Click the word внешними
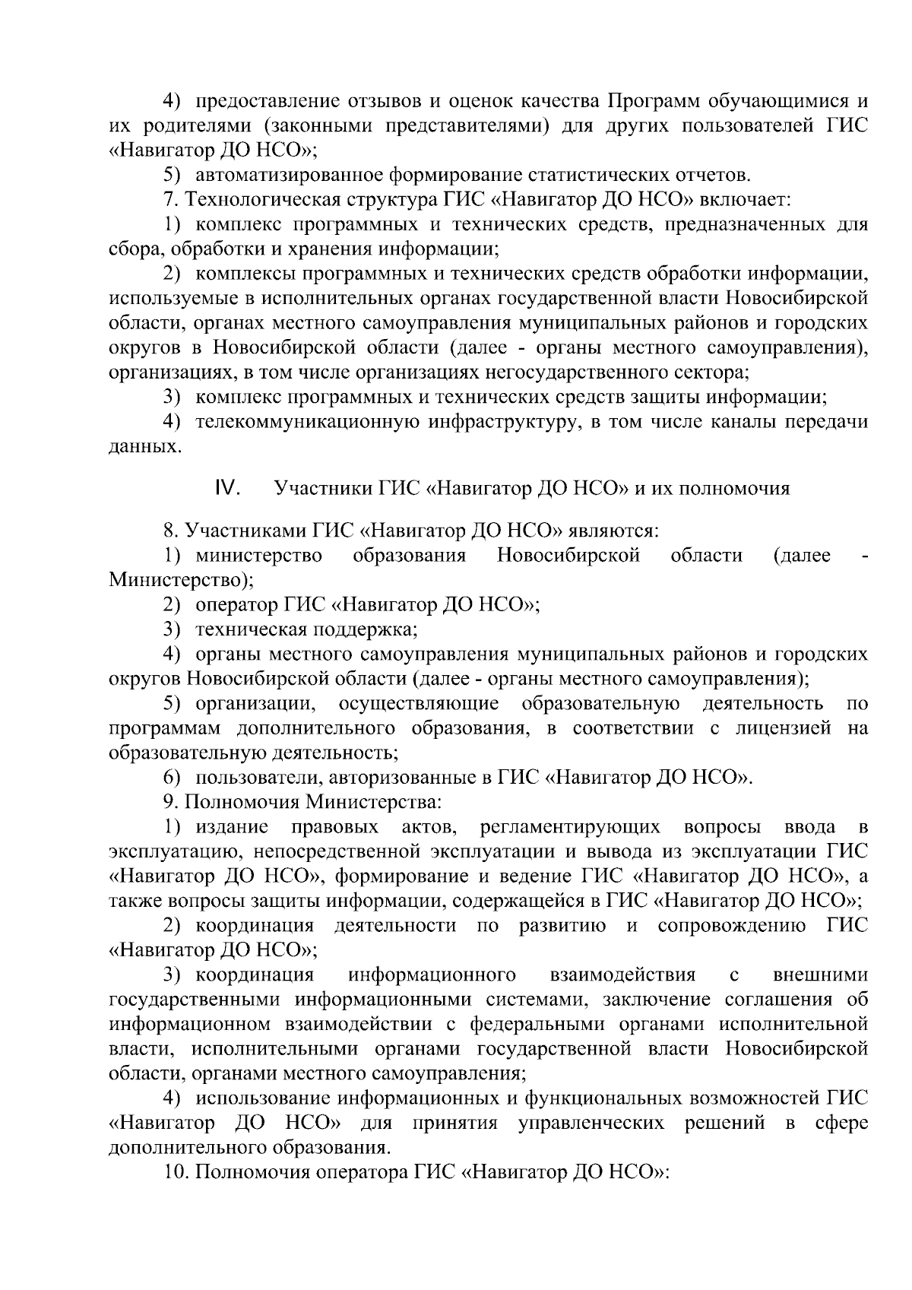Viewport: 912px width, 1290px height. coord(820,975)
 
